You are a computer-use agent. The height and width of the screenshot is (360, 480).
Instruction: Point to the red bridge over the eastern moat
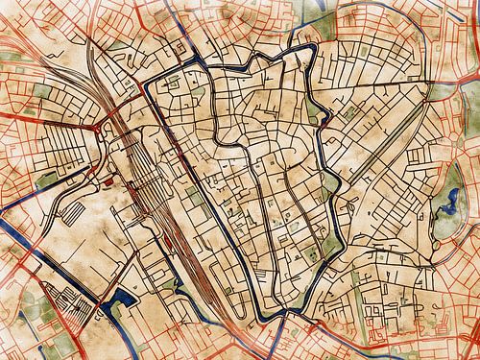(325, 123)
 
